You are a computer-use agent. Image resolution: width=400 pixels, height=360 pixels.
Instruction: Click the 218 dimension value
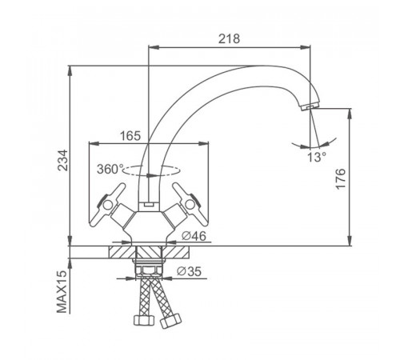(x=229, y=38)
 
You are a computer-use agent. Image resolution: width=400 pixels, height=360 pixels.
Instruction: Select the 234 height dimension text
(x=63, y=160)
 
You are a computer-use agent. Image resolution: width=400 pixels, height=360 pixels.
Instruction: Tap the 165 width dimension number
(x=130, y=136)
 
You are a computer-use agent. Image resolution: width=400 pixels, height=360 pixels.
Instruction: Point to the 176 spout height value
(x=341, y=178)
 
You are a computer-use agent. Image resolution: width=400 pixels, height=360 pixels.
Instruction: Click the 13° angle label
(x=317, y=158)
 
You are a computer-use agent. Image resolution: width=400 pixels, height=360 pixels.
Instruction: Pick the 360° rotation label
(x=110, y=169)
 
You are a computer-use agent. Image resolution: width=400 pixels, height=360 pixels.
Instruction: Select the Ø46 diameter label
(x=194, y=236)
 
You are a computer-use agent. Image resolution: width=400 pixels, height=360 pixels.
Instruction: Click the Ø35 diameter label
(x=189, y=271)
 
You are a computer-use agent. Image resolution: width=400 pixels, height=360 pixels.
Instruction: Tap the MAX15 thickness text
(x=62, y=291)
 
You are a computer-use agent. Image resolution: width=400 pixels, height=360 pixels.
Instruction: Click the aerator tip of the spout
(x=309, y=106)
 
